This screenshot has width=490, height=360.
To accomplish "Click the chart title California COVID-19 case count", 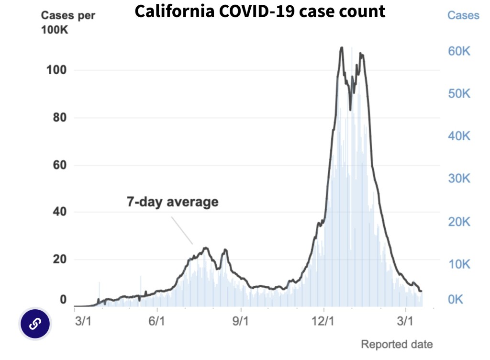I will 260,11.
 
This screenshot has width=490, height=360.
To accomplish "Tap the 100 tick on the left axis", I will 56,71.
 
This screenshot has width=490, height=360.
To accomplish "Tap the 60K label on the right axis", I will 458,51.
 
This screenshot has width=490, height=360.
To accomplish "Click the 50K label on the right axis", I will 458,94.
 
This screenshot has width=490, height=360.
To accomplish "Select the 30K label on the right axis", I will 458,179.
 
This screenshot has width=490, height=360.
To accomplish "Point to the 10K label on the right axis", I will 458,264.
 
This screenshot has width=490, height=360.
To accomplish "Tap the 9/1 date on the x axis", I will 241,320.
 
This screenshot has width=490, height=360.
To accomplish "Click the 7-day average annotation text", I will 172,202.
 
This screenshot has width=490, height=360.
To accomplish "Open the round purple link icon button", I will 34,324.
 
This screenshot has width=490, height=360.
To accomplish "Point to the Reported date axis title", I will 397,344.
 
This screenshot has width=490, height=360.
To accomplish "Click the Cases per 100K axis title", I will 68,22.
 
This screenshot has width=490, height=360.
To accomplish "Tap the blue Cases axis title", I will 463,15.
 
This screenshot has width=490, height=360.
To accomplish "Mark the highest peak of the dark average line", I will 341,47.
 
